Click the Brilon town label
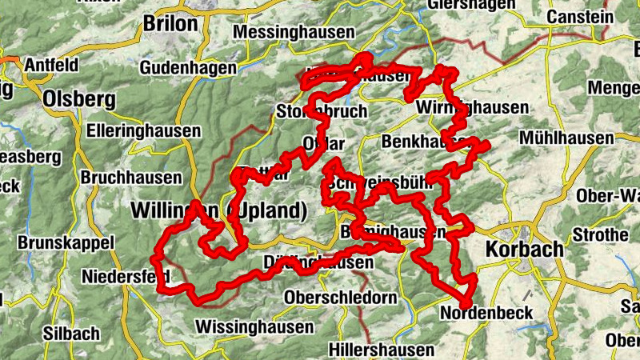click(x=170, y=24)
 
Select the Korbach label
click(x=524, y=250)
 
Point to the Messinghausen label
click(x=294, y=33)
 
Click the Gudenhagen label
click(x=188, y=69)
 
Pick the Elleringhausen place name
click(x=144, y=128)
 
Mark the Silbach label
click(x=73, y=334)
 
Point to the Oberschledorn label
click(x=341, y=298)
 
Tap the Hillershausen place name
click(x=382, y=350)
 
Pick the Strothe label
click(x=601, y=235)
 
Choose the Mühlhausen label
click(x=566, y=138)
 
